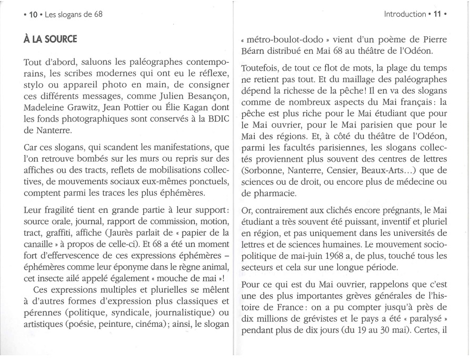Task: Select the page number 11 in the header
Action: (437, 14)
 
